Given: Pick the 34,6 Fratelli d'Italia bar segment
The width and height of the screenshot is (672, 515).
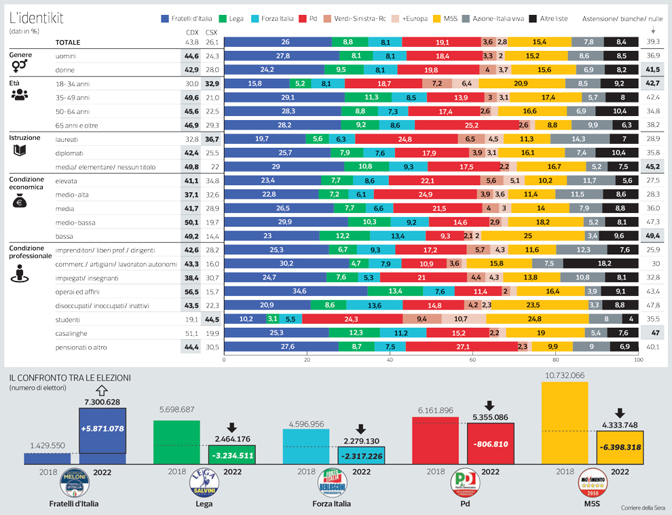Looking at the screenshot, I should coord(295,291).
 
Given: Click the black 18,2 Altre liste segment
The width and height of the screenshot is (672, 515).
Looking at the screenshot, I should coord(601,263).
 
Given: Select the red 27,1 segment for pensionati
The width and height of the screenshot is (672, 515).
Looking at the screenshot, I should coord(462,347).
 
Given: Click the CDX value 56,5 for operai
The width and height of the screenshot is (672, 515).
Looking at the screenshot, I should coord(191,291).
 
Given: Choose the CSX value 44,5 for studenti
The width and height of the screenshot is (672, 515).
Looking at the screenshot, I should coord(211,319).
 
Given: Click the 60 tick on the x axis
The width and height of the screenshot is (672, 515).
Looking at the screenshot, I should coord(472,360).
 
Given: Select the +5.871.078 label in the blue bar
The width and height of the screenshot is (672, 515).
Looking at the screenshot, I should coord(102,429).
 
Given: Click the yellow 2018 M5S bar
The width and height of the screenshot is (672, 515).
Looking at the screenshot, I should coord(565,422).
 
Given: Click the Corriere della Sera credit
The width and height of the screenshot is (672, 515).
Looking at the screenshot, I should coord(643,508).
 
